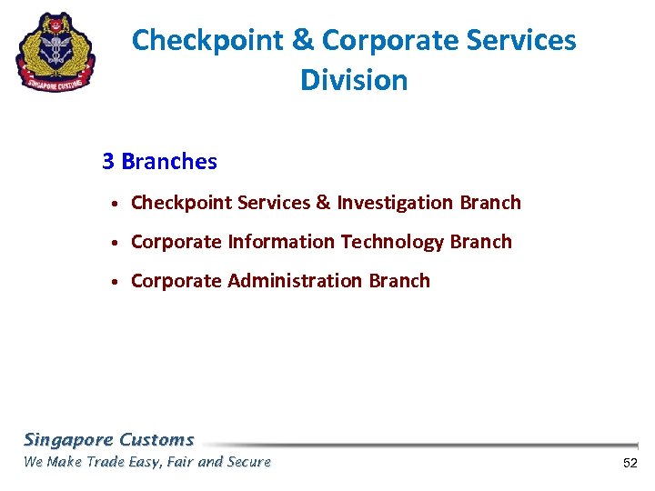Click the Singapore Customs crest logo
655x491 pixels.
[x=55, y=52]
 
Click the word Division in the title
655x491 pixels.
[x=354, y=80]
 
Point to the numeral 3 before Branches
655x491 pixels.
[x=108, y=162]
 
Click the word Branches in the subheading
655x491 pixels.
[x=169, y=162]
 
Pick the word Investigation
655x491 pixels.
[x=396, y=203]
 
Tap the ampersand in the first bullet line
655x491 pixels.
[x=323, y=203]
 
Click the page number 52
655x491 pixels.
[x=630, y=464]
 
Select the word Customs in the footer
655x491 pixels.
[x=156, y=440]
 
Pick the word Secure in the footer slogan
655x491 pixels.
[x=248, y=462]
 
